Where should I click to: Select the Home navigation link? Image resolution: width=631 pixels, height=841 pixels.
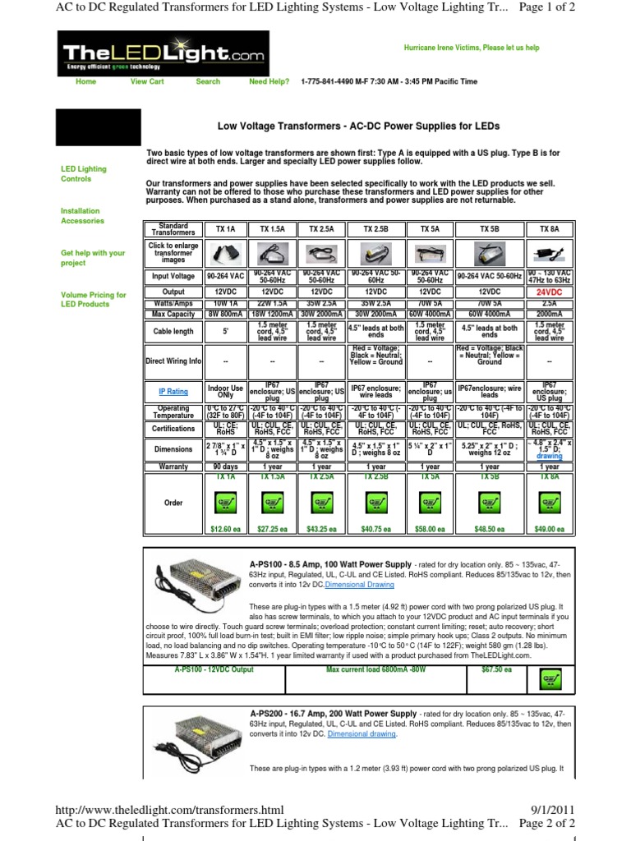tap(85, 81)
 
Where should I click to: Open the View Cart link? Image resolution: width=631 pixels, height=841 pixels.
tap(147, 81)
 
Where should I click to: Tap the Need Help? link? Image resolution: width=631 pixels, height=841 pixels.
tap(269, 81)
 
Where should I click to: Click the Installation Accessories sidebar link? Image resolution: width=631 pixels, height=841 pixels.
tap(82, 216)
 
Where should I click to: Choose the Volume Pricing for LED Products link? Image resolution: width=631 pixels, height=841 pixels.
tap(93, 299)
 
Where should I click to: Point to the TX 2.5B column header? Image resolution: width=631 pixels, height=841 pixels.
tap(375, 229)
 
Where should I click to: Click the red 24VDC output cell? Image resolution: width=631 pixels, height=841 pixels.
tap(549, 292)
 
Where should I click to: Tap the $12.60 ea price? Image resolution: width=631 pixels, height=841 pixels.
tap(224, 531)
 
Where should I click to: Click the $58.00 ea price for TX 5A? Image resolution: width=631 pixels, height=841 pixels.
tap(430, 531)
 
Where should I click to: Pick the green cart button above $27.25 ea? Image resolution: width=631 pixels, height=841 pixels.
tap(272, 503)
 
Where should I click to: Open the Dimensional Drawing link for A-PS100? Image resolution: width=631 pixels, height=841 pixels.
tap(358, 586)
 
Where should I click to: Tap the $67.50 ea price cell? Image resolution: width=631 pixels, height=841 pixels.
tap(497, 670)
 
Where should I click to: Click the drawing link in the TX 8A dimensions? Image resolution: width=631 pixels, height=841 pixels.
tap(549, 456)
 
